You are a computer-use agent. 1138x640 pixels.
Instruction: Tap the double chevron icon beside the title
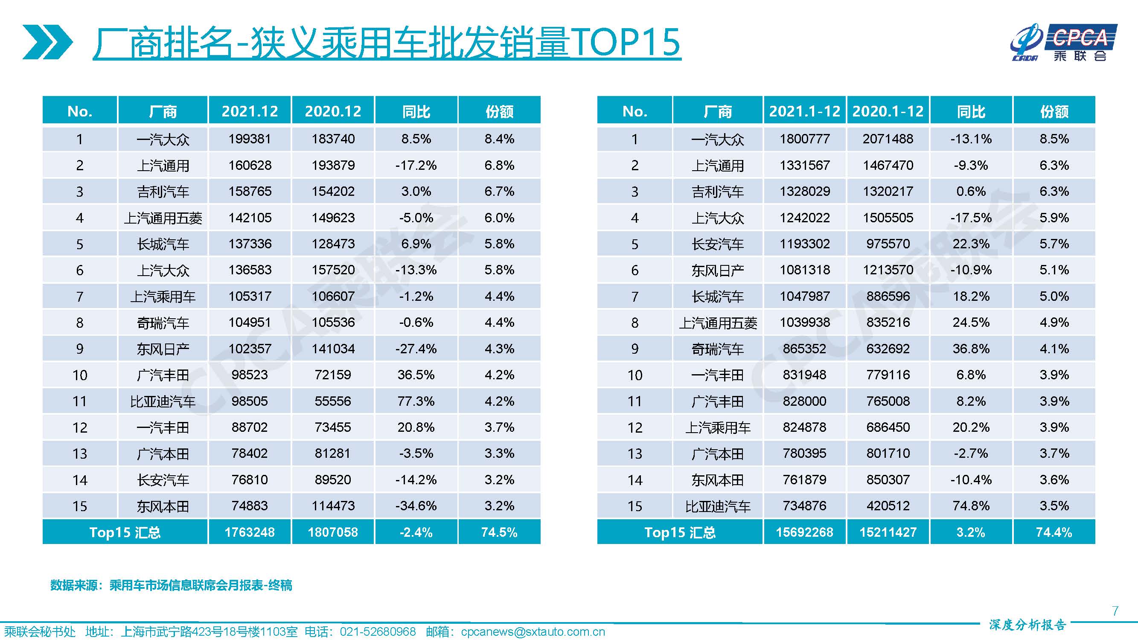point(47,42)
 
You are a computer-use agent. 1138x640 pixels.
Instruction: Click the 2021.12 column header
point(250,111)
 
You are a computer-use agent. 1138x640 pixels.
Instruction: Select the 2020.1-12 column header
point(888,111)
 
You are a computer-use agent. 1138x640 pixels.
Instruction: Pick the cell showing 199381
point(250,139)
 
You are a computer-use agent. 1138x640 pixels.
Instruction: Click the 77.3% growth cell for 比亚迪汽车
point(416,401)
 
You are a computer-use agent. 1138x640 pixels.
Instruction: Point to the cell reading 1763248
point(250,532)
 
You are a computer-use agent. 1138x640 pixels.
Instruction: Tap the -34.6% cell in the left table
point(416,506)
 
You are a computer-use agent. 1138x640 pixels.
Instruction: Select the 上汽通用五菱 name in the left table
point(163,218)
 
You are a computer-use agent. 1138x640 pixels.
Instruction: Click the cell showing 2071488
point(888,139)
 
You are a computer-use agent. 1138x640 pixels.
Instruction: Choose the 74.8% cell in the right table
point(971,506)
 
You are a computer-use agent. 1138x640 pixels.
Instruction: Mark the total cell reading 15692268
point(804,532)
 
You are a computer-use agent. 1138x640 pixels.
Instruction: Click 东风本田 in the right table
point(717,480)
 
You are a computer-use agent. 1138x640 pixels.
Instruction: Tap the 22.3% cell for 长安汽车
point(971,244)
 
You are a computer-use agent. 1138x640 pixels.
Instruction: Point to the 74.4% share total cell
point(1054,532)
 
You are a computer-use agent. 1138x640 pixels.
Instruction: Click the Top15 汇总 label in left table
point(125,532)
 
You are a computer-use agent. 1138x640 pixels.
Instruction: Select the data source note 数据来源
point(171,585)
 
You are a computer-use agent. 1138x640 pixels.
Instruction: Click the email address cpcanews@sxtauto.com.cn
point(533,632)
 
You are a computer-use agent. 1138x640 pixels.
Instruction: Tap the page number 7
point(1115,611)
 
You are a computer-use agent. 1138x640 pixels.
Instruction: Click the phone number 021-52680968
point(378,632)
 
